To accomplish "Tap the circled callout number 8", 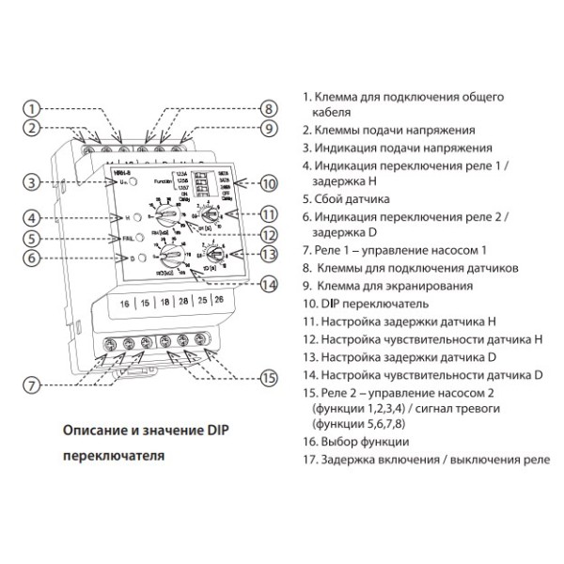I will [x=268, y=108].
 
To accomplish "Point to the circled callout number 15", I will [x=270, y=379].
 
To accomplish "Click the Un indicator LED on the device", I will [x=135, y=181].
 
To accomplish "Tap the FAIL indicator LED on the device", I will [x=136, y=239].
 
